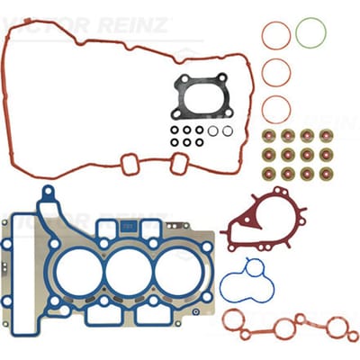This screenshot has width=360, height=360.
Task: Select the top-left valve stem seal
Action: click(269, 136)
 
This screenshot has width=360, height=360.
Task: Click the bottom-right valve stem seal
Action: click(326, 174)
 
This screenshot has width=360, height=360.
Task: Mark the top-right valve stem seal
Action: click(326, 136)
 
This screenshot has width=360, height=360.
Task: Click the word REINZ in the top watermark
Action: click(131, 25)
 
